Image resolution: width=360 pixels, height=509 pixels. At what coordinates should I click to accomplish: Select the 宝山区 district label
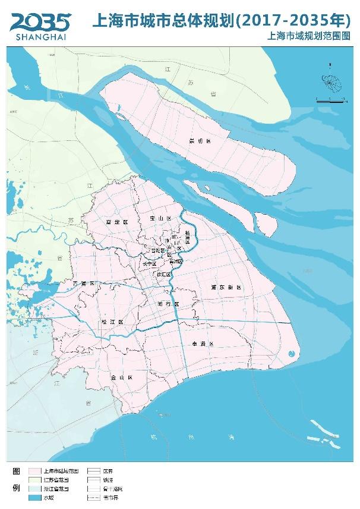point(160,219)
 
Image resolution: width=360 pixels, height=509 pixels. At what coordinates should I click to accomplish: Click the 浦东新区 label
point(226,287)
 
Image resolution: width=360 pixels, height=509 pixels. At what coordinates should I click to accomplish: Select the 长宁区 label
point(149,263)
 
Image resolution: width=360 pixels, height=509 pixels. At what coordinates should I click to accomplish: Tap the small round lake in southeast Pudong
point(290,354)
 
